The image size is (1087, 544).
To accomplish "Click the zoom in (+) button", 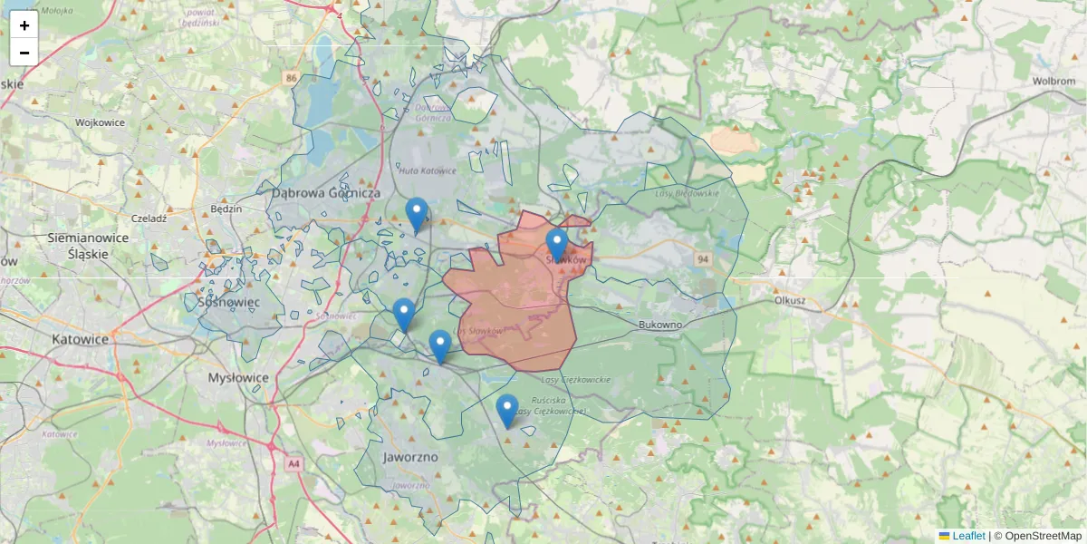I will pos(24,25).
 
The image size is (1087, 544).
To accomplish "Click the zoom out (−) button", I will pos(24,53).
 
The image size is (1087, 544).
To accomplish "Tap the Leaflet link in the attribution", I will pos(968,536).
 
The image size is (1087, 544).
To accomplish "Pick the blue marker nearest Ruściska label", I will pos(506,411).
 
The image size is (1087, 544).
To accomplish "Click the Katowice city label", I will pos(81,339).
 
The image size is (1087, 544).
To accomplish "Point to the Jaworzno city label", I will pos(410,457).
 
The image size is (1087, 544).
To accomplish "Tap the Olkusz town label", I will pos(790,299).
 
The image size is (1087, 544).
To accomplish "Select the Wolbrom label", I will pos(1053,81).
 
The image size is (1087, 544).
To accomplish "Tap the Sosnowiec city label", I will pos(228,301).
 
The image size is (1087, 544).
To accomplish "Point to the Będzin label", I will pos(226,209).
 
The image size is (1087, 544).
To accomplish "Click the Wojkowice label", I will pos(100,122).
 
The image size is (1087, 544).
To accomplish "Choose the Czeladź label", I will pos(149,219).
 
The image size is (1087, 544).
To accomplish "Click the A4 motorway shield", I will pos(293,463).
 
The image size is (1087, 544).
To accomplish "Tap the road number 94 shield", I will pos(703,259).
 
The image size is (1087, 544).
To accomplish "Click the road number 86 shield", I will pos(290,78).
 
